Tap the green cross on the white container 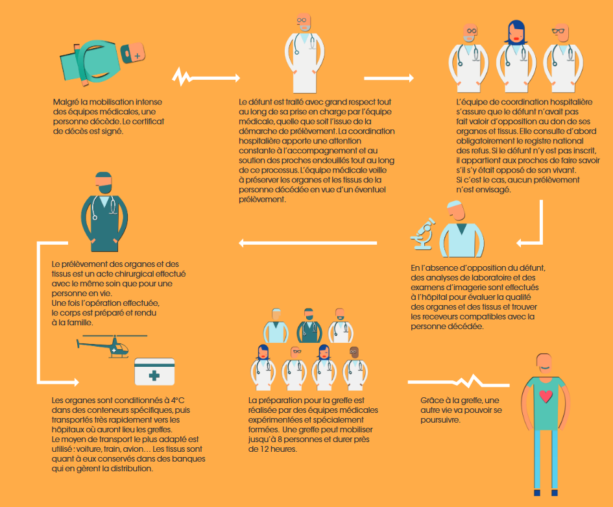tap(154, 375)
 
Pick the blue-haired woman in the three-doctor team tap(515, 59)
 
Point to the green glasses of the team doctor tap(559, 31)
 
